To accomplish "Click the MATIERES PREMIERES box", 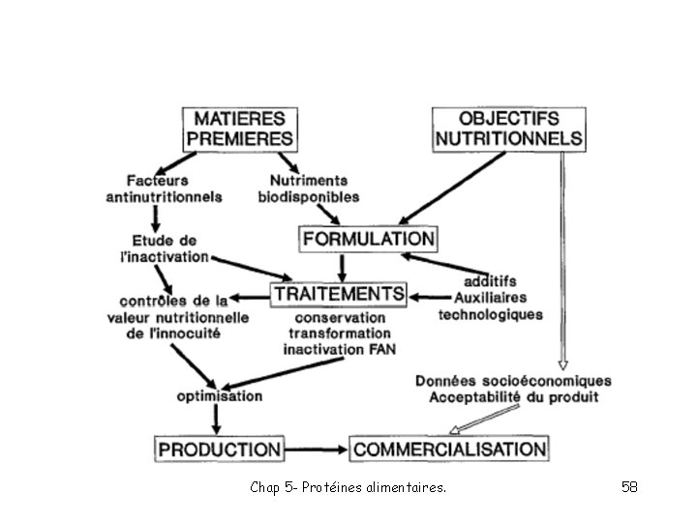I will point(239,129).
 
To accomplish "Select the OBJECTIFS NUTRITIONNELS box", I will point(509,129).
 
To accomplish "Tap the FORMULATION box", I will point(368,238).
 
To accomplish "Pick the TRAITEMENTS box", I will point(338,292).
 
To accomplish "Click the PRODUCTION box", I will point(220,449).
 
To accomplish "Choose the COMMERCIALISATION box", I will point(449,449).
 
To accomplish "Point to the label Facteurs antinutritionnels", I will point(163,188).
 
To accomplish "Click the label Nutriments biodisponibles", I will point(308,188).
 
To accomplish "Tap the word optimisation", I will point(219,395).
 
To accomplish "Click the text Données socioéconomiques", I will point(512,379).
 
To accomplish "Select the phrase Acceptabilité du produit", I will point(512,396).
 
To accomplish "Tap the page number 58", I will point(629,487).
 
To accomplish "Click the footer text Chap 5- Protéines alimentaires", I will point(348,488).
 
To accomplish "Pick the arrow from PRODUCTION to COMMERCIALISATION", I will point(317,449).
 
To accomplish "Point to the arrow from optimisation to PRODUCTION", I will point(216,419).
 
